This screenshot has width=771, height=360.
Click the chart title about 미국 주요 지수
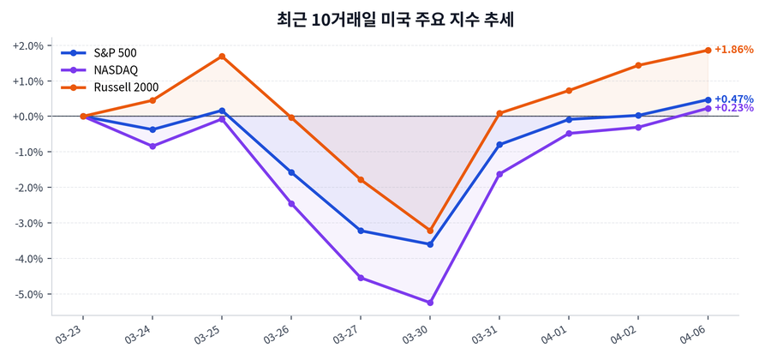[385, 19]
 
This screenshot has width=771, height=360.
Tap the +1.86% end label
[733, 50]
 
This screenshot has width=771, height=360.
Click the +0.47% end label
[733, 99]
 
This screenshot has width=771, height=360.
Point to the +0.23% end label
[733, 108]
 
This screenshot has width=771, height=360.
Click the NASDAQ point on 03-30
[430, 303]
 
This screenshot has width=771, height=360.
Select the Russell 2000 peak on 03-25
[222, 57]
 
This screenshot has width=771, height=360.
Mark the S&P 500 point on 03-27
[361, 231]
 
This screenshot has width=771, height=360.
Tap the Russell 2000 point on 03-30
[430, 231]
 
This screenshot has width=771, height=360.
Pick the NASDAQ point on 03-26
[291, 203]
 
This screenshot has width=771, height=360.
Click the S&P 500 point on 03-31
[499, 144]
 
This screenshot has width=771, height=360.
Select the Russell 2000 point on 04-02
[638, 65]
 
